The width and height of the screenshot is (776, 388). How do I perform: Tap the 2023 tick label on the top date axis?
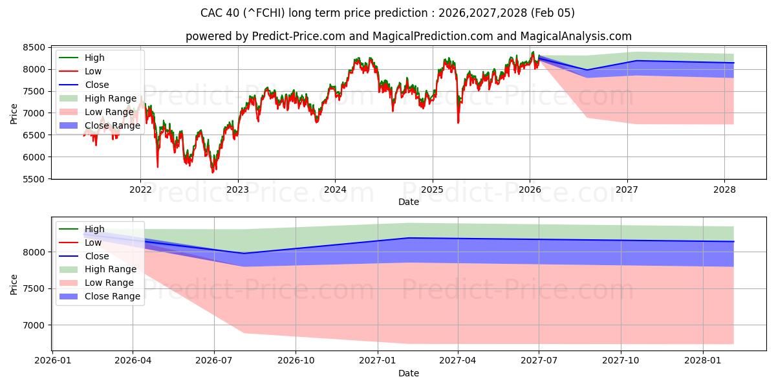(237, 189)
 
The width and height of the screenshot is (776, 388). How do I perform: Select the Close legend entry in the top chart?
(97, 85)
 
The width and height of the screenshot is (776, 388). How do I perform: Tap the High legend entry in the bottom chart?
(94, 229)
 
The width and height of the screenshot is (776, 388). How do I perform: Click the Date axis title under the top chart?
(409, 202)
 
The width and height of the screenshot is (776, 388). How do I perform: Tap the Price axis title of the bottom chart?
(14, 284)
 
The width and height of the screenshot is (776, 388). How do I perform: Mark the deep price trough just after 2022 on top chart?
(157, 167)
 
